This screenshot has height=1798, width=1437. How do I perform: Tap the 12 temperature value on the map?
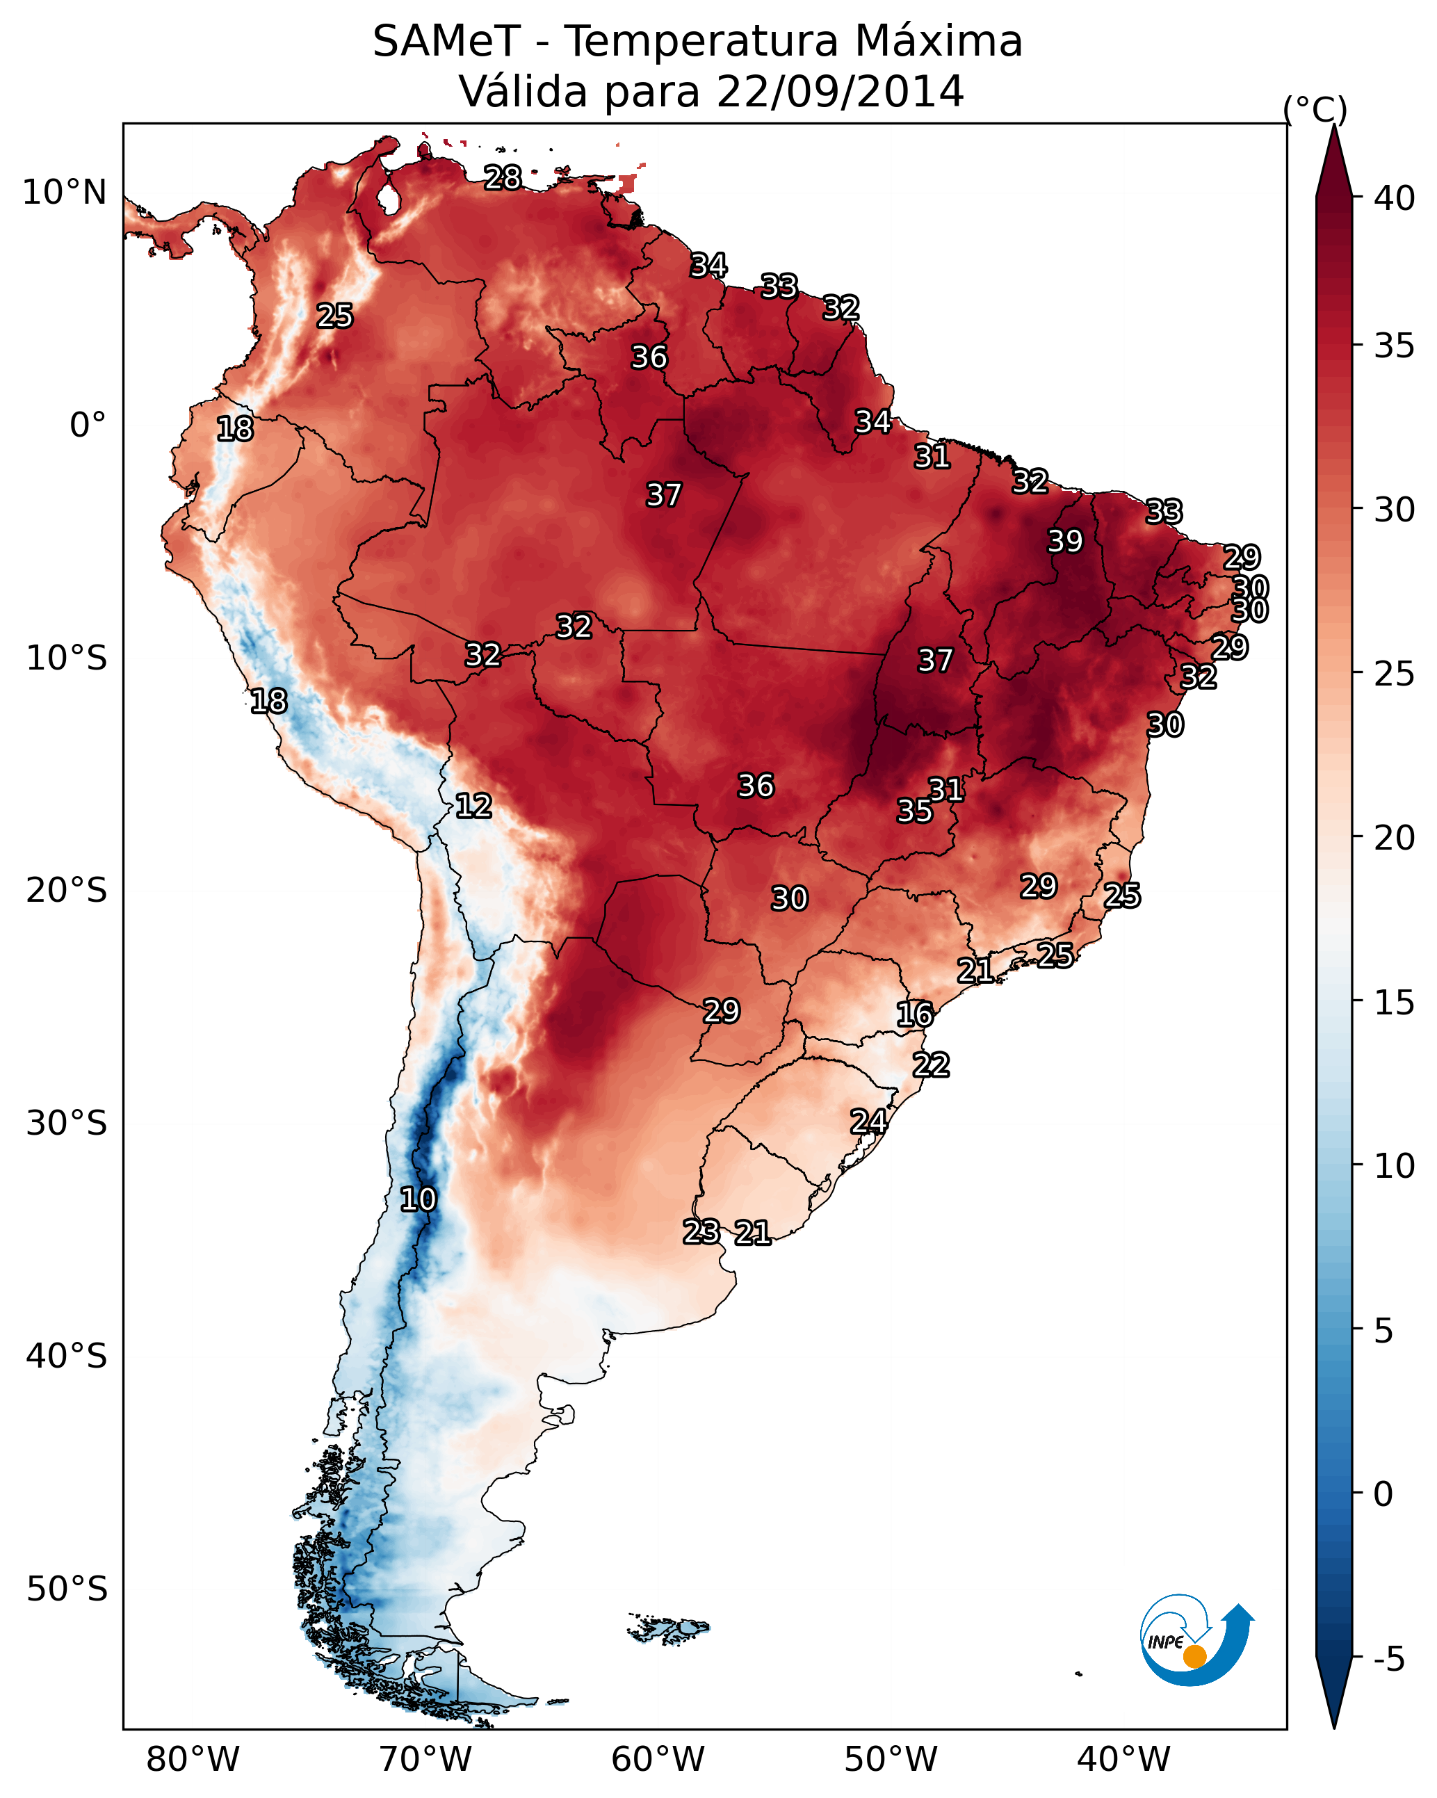473,806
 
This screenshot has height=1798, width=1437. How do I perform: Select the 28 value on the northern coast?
503,177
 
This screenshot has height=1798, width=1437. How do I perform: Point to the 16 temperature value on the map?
915,1014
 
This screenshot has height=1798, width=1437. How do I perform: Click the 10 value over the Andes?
418,1199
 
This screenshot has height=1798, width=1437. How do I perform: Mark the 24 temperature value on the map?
868,1121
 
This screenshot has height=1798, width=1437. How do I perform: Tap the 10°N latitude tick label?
64,193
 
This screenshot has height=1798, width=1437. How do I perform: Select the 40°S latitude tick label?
67,1356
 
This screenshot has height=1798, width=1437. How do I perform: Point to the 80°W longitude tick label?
193,1760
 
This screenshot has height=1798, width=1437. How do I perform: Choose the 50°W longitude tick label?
891,1760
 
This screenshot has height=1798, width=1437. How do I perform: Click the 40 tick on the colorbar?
1395,198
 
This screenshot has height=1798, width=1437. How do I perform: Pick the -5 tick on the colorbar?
1388,1660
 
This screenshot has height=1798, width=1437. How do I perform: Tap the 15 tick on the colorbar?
1395,1003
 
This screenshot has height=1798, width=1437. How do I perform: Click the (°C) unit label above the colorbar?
1315,109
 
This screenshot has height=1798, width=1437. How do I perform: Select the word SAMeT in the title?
446,42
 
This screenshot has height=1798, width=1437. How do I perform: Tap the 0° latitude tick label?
88,426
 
